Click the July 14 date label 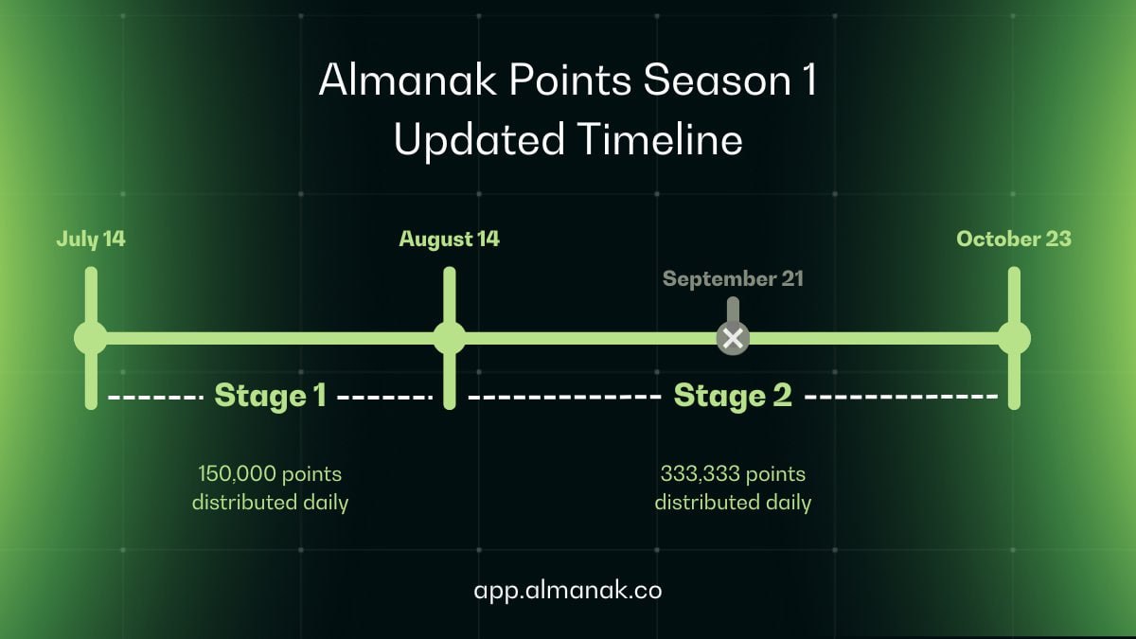(91, 240)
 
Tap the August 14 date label (450, 240)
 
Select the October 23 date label (1014, 239)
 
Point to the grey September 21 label (733, 279)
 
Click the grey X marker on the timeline (733, 338)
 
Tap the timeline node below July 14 (91, 338)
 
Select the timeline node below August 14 (450, 338)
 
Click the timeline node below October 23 (1014, 338)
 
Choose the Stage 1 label (271, 396)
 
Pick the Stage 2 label (733, 396)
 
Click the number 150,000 (237, 473)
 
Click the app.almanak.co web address (568, 591)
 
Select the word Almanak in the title (408, 80)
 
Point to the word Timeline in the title (660, 139)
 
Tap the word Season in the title (718, 80)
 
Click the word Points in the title (570, 80)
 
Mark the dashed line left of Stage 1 (155, 397)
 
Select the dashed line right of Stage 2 (901, 396)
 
